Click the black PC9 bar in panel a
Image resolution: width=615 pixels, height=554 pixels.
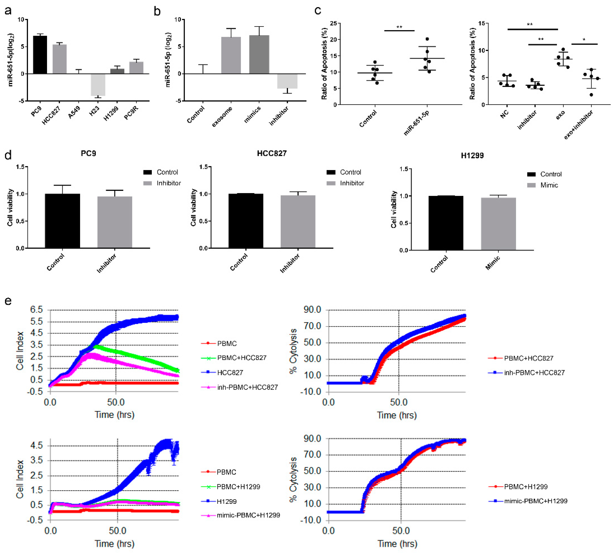click(x=40, y=55)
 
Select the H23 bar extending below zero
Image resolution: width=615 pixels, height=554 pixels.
click(x=98, y=85)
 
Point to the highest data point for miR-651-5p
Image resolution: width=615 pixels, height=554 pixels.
click(x=427, y=39)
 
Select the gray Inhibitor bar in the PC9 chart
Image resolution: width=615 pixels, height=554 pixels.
click(x=115, y=222)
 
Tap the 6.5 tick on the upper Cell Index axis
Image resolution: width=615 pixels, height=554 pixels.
click(x=37, y=310)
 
